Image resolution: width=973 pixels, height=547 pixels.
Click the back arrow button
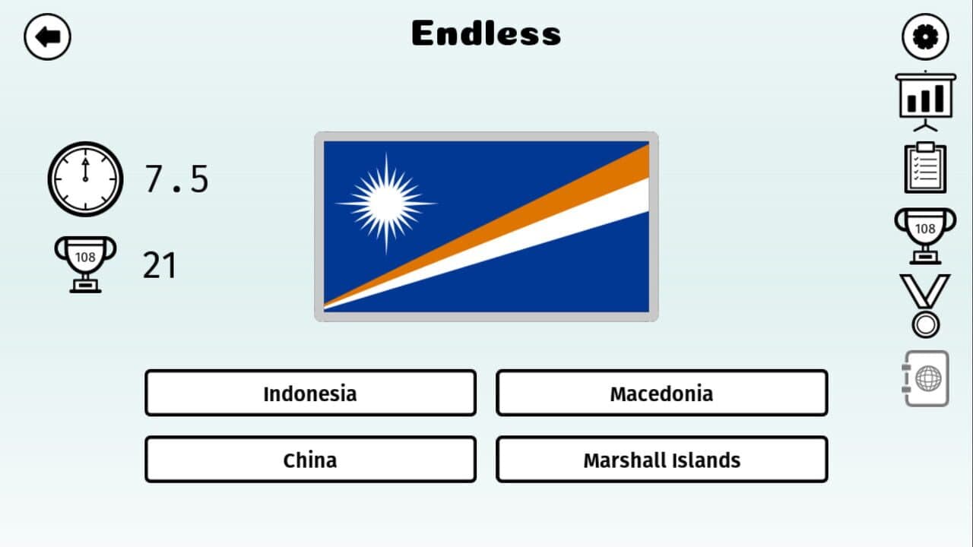pyautogui.click(x=47, y=36)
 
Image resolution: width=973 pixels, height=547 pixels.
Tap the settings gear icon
pyautogui.click(x=925, y=36)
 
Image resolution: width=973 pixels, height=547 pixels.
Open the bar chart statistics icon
pyautogui.click(x=925, y=99)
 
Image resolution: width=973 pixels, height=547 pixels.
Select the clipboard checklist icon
pyautogui.click(x=925, y=167)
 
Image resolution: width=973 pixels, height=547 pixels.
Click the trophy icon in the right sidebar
pyautogui.click(x=925, y=234)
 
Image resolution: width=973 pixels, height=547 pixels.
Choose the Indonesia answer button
pyautogui.click(x=310, y=394)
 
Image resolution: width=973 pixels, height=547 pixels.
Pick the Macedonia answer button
pyautogui.click(x=661, y=394)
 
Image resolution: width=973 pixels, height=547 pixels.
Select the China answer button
pyautogui.click(x=310, y=460)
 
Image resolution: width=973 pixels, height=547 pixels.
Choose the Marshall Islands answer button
pyautogui.click(x=661, y=460)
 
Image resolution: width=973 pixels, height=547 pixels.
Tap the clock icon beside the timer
pyautogui.click(x=85, y=179)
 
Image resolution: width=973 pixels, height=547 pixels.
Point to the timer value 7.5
pyautogui.click(x=176, y=179)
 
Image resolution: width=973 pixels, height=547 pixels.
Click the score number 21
pyautogui.click(x=160, y=266)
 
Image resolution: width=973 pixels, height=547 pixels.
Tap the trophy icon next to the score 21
pyautogui.click(x=85, y=263)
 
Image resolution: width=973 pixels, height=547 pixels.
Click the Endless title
pyautogui.click(x=486, y=33)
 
